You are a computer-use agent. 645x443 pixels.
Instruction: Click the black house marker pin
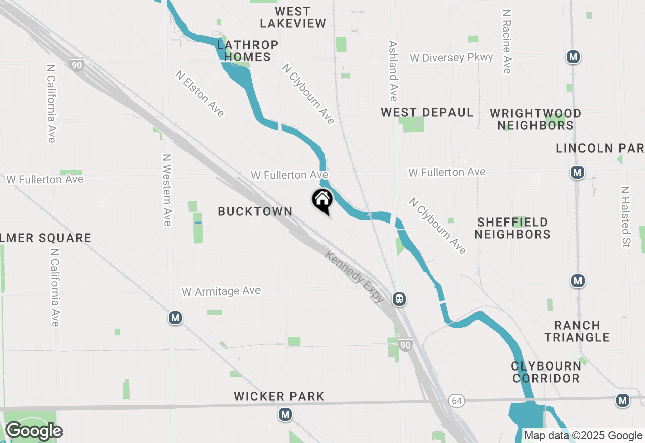coord(322,201)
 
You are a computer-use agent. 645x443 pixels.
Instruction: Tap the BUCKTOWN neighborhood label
coord(255,212)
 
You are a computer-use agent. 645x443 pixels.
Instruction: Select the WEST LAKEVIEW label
coord(293,17)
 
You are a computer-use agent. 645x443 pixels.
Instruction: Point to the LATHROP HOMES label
coord(247,51)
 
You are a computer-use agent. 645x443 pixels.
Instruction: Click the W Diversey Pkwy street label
coord(451,57)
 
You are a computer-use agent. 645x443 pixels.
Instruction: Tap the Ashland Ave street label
coord(393,70)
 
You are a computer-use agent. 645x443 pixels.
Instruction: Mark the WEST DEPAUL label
coord(427,112)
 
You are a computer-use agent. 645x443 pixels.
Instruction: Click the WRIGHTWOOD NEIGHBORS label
coord(536,119)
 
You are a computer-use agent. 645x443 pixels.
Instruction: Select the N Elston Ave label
coord(200,94)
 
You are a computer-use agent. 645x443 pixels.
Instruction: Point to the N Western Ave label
coord(167,190)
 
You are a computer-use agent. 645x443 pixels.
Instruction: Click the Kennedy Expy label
coord(355,277)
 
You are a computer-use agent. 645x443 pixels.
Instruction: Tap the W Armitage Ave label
coord(221,291)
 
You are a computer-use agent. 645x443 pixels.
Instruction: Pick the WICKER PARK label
coord(279,397)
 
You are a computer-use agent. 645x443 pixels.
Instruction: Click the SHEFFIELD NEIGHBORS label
coord(512,228)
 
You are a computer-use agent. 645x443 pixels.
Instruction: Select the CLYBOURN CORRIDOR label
coord(546,372)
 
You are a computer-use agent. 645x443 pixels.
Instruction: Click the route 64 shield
coord(456,401)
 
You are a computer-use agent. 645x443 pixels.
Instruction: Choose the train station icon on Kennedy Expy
coord(399,299)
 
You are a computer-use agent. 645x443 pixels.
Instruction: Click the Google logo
coord(34,431)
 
